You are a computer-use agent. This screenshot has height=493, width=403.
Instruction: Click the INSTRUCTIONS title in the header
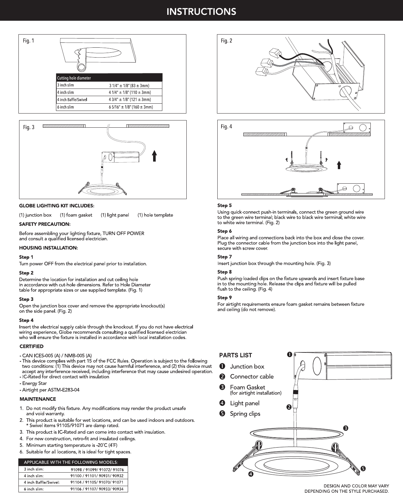201,12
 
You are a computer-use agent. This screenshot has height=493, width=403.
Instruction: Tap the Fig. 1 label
28,41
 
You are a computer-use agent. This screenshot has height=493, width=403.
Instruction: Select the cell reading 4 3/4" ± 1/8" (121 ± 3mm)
130,100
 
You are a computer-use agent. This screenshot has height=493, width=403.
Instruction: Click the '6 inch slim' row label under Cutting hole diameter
66,107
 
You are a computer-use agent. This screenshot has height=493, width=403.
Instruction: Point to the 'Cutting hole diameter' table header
74,78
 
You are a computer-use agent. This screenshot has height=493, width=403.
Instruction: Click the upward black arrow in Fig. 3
154,156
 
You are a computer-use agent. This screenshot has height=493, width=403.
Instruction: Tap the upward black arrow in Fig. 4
339,165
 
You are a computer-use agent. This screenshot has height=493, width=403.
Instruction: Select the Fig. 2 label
227,41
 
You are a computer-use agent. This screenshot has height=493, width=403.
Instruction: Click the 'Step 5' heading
225,205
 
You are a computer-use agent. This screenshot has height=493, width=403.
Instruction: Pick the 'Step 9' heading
225,298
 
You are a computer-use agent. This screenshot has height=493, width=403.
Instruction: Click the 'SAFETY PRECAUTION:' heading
45,224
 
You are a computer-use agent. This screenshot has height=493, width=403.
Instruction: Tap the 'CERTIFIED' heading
32,347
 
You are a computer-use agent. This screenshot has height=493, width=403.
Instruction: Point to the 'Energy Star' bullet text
34,383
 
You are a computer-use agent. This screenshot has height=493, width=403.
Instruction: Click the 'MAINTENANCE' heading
38,399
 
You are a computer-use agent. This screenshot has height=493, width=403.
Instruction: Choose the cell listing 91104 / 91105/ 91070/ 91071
97,482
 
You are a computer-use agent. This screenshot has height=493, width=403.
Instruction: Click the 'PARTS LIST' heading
235,355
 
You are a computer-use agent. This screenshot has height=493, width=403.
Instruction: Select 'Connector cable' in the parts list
252,376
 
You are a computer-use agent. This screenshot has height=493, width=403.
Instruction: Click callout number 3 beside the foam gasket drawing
346,428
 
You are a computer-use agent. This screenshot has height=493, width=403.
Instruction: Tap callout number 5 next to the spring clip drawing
363,469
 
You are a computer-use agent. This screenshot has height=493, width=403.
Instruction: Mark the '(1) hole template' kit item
155,215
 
